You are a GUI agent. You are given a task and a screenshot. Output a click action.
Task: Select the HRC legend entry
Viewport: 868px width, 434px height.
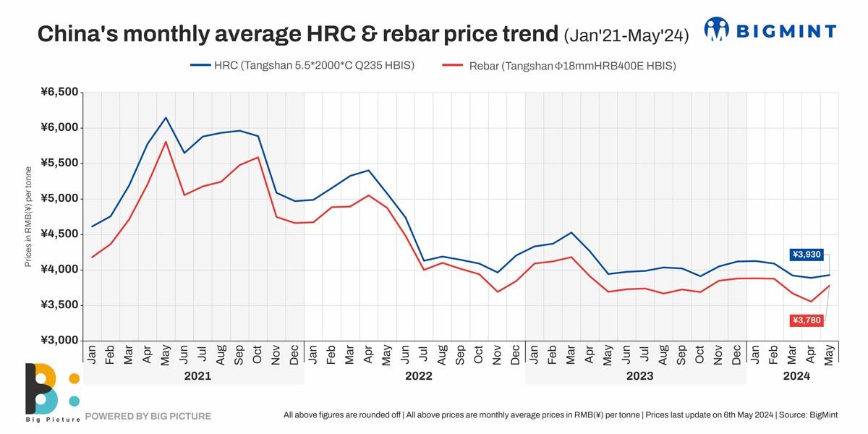302,66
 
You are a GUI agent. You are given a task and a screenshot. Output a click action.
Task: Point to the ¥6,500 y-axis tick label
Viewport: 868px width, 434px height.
59,92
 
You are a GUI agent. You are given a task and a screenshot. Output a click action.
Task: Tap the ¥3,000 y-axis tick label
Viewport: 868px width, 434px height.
59,341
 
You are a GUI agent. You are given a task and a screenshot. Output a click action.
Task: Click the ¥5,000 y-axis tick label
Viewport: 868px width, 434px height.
59,199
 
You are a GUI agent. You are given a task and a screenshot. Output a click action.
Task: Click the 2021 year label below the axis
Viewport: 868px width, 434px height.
197,376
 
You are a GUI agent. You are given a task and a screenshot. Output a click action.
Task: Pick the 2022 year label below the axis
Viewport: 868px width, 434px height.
418,376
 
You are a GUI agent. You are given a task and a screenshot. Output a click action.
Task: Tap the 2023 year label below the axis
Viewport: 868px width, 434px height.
639,376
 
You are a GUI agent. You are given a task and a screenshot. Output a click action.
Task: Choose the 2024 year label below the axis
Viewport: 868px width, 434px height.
796,376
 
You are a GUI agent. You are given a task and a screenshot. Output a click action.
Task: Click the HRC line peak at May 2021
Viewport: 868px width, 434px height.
166,118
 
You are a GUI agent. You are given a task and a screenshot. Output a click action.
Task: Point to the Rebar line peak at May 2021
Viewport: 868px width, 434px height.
166,142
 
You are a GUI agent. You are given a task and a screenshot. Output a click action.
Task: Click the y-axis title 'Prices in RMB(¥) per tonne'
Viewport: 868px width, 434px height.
28,216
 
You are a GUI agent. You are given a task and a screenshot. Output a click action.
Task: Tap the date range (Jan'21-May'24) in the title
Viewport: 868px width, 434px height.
626,34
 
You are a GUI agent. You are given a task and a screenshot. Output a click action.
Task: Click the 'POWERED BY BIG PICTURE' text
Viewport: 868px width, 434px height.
148,416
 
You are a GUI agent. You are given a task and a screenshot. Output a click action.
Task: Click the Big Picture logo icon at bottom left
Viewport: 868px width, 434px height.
51,391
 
